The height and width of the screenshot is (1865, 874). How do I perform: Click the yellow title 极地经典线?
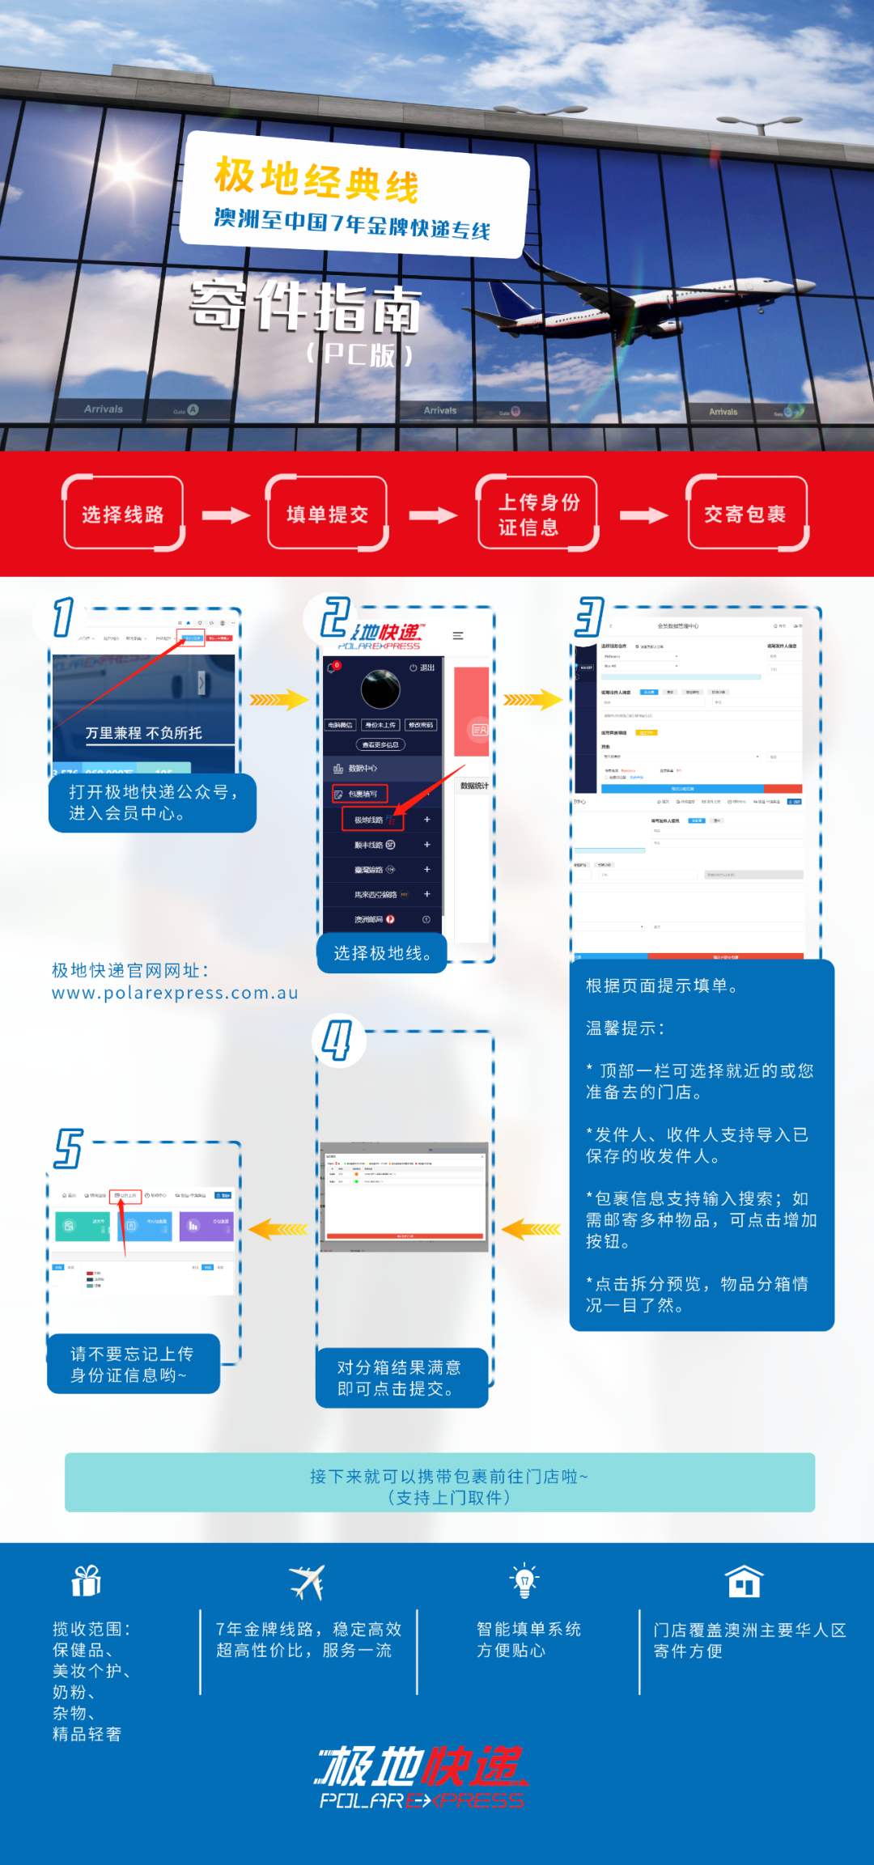316,180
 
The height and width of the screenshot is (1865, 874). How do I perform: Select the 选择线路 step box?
123,514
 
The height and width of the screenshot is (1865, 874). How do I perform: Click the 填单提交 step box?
327,514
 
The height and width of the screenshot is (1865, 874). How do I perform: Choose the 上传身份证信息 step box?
538,514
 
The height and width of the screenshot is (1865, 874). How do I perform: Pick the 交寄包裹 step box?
746,514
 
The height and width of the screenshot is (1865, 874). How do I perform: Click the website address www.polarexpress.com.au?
175,993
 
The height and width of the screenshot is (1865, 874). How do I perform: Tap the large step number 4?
337,1039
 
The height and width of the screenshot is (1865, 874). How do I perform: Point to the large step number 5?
69,1148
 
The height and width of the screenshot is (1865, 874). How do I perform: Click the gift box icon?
86,1580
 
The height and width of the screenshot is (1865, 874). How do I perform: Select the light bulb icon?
524,1580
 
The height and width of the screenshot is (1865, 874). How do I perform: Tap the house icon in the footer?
744,1580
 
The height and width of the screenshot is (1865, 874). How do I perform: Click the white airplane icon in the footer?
307,1582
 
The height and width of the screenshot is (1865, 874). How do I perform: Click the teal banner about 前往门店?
439,1482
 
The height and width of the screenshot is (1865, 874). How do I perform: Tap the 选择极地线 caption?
382,953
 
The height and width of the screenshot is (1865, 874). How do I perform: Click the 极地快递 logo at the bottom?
421,1776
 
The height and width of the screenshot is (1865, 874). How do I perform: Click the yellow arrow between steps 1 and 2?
278,700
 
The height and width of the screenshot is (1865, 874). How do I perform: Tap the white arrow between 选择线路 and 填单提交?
226,515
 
